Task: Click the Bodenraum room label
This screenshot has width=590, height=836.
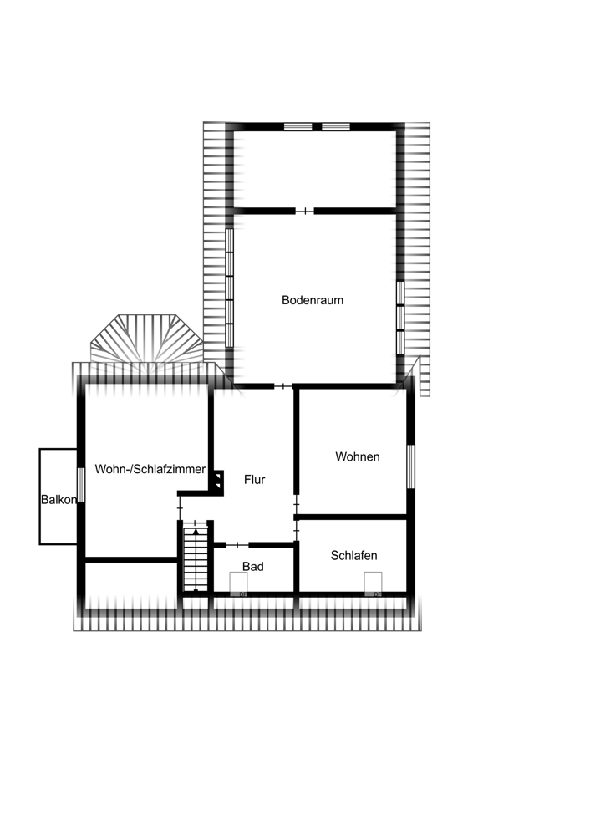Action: tap(313, 300)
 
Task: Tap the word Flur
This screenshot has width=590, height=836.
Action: tap(254, 480)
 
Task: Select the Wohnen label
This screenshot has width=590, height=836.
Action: tap(357, 456)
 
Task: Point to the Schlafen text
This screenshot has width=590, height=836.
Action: tap(353, 555)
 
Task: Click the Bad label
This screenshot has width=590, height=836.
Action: tap(253, 566)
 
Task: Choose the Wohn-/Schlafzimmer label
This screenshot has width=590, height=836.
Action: tap(150, 470)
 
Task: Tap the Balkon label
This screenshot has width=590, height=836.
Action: tap(58, 500)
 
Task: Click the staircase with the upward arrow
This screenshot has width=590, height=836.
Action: tap(196, 558)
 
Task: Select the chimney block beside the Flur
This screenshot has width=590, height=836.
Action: tap(216, 482)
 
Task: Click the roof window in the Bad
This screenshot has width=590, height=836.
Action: tap(238, 583)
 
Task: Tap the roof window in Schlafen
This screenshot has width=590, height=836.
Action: tap(373, 583)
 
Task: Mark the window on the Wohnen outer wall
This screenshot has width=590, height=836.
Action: tap(410, 465)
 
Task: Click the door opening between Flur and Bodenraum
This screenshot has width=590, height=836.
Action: tap(284, 385)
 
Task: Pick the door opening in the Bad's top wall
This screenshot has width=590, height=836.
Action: tap(237, 544)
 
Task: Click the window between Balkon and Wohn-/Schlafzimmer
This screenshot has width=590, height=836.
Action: tap(81, 485)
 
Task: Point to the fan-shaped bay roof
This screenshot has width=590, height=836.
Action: tap(146, 343)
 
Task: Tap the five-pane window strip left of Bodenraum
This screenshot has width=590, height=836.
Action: tap(228, 287)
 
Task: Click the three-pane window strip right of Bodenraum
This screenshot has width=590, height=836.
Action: tap(400, 318)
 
